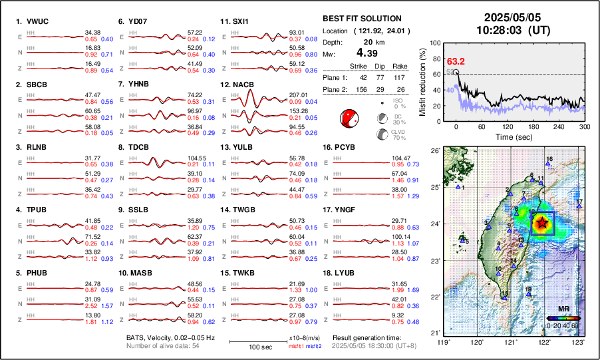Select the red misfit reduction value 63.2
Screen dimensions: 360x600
point(456,61)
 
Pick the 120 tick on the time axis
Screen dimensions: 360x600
point(508,126)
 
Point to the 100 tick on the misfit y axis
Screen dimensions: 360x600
point(434,43)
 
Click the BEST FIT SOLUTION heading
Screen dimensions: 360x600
point(361,19)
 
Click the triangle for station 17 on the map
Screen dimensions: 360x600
point(579,206)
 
